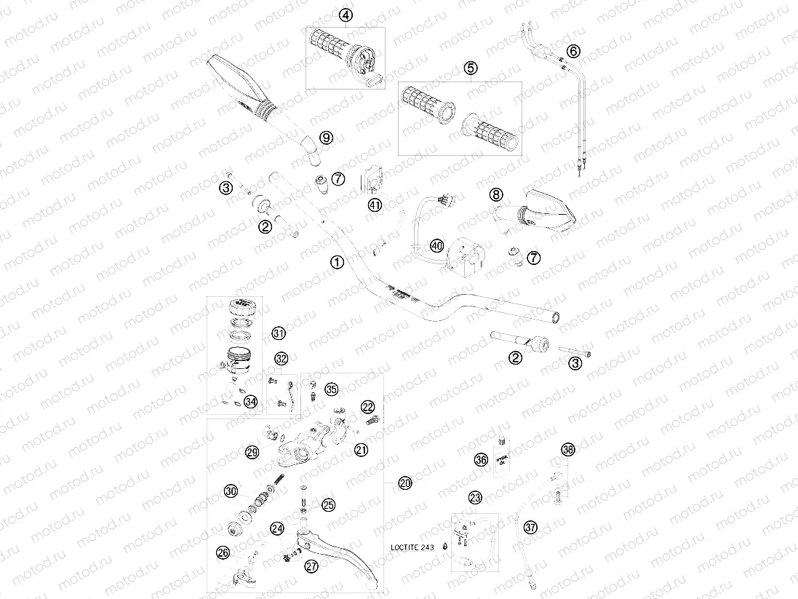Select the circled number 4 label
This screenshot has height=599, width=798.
(346, 15)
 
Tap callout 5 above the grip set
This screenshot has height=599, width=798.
(471, 68)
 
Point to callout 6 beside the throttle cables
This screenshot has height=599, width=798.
(573, 51)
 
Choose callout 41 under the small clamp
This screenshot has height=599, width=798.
(375, 206)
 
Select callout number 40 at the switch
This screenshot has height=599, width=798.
(436, 246)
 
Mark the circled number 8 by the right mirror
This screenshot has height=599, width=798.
(495, 194)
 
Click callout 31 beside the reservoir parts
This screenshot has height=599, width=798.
(278, 333)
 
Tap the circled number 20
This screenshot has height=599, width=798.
(404, 483)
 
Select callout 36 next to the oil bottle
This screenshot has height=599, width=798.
(481, 459)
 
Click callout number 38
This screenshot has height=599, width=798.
(567, 450)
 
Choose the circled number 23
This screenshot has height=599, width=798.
(475, 498)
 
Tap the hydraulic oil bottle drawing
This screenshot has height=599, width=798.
(501, 460)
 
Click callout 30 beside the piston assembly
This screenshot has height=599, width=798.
(231, 491)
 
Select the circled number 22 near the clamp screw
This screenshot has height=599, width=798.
(368, 406)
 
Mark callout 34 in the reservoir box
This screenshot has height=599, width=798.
(250, 401)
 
